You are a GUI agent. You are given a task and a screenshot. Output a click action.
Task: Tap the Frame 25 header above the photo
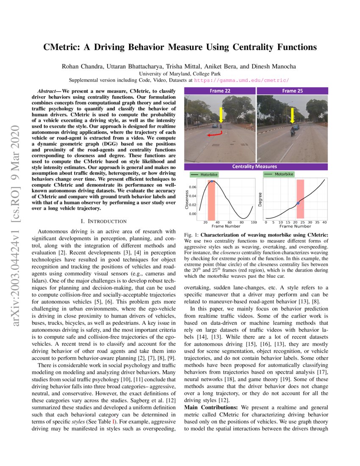pyautogui.click(x=292, y=91)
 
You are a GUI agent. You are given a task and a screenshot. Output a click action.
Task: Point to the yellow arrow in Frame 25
pyautogui.click(x=292, y=116)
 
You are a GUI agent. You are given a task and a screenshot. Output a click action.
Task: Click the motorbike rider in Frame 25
pyautogui.click(x=292, y=132)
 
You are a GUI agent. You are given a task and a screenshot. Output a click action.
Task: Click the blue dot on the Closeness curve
pyautogui.click(x=212, y=181)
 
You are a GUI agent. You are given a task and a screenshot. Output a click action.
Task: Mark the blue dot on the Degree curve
pyautogui.click(x=298, y=203)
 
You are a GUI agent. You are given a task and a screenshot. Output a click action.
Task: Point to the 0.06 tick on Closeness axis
pyautogui.click(x=192, y=187)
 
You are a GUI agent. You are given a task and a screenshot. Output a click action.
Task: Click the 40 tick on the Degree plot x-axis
pyautogui.click(x=324, y=222)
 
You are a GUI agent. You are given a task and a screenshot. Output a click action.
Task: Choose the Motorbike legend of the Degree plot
pyautogui.click(x=282, y=174)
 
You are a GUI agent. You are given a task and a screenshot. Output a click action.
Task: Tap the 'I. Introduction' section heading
pyautogui.click(x=104, y=221)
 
